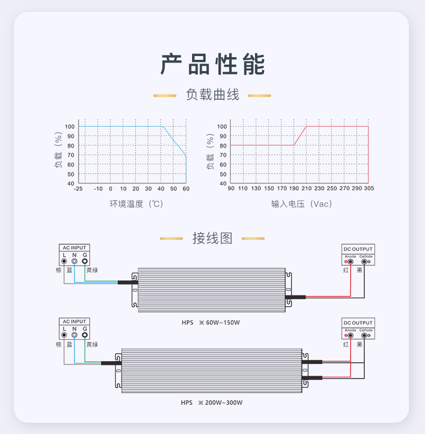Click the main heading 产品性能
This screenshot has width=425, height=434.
pyautogui.click(x=212, y=64)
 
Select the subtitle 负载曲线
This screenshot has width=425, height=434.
pyautogui.click(x=212, y=94)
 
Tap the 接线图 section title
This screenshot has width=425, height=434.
pyautogui.click(x=212, y=238)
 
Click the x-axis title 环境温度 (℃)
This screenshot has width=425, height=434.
pyautogui.click(x=137, y=204)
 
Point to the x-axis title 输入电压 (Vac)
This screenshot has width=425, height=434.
pyautogui.click(x=302, y=204)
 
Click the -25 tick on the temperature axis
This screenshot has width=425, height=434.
pyautogui.click(x=79, y=189)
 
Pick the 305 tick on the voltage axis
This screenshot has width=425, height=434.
pyautogui.click(x=369, y=189)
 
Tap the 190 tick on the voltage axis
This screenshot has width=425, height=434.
pyautogui.click(x=294, y=189)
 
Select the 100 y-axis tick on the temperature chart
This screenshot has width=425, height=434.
pyautogui.click(x=70, y=127)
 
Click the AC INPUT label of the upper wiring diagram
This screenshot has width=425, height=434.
pyautogui.click(x=74, y=248)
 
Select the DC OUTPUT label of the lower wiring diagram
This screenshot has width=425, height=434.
pyautogui.click(x=358, y=323)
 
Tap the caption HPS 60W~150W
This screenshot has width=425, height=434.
pyautogui.click(x=210, y=323)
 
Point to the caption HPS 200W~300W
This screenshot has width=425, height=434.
pyautogui.click(x=211, y=402)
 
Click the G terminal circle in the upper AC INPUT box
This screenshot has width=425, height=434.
pyautogui.click(x=84, y=261)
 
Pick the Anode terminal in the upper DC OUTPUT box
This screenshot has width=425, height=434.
pyautogui.click(x=350, y=261)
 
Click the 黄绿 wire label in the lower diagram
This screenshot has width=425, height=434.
pyautogui.click(x=92, y=344)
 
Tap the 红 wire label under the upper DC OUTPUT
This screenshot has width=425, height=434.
pyautogui.click(x=346, y=270)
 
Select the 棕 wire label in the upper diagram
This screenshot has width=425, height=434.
pyautogui.click(x=59, y=270)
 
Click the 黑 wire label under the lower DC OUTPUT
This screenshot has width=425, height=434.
pyautogui.click(x=360, y=344)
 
